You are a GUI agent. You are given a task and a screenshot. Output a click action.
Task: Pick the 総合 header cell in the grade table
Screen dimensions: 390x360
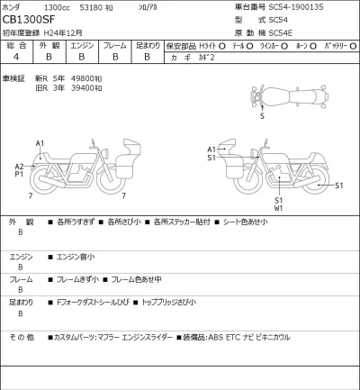click(x=16, y=44)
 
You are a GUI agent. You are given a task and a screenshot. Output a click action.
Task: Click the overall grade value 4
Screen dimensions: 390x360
click(x=16, y=56)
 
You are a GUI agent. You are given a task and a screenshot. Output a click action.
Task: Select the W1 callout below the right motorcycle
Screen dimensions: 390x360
click(x=279, y=208)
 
